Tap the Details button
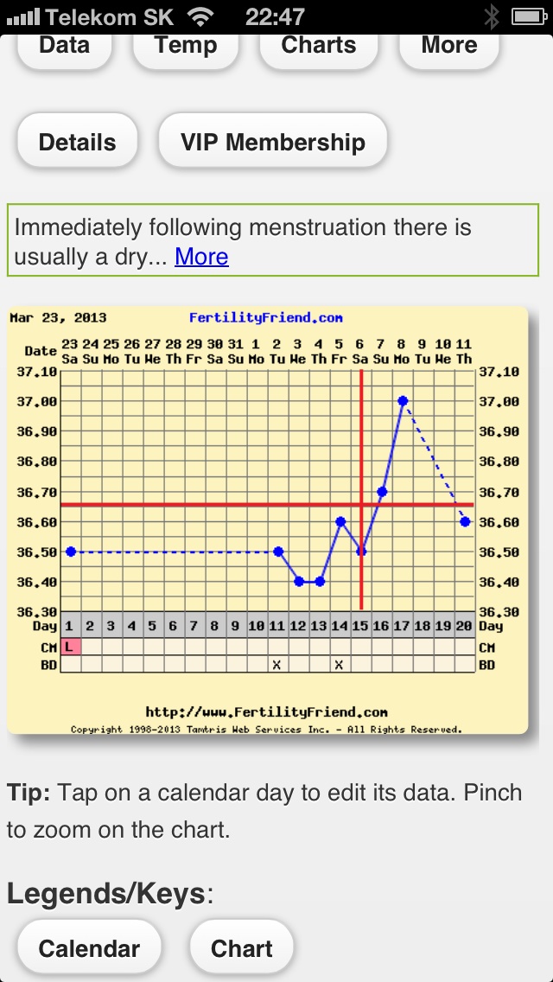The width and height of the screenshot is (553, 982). [77, 143]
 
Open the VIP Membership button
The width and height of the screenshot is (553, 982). [272, 143]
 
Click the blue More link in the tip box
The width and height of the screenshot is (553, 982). [201, 257]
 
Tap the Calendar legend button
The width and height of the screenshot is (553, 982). [89, 948]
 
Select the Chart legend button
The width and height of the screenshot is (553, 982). [241, 948]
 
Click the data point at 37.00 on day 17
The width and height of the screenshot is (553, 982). [403, 401]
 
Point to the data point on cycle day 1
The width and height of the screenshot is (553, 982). [71, 552]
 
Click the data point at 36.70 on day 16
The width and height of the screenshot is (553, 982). [382, 491]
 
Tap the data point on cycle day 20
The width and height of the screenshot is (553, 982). [465, 521]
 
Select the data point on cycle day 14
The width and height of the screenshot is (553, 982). [340, 521]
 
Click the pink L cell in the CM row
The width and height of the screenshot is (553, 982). [70, 647]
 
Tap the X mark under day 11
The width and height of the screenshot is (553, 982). [277, 665]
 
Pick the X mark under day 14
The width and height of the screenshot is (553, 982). [340, 665]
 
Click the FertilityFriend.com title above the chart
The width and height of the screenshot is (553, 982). [265, 318]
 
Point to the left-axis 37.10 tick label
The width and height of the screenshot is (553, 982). [36, 372]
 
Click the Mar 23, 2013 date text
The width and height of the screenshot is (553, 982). [46, 318]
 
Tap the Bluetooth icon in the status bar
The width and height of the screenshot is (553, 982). [492, 16]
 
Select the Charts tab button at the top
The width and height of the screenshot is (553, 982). [318, 46]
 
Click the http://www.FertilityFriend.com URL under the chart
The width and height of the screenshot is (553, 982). [266, 712]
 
